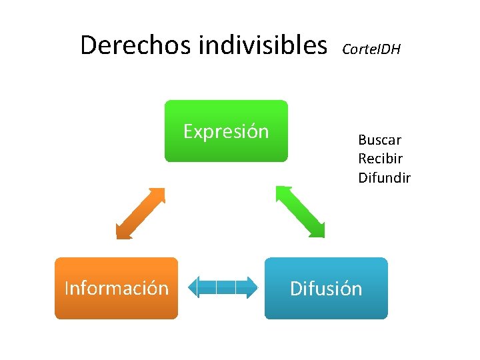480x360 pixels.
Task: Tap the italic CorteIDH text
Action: [x=371, y=49]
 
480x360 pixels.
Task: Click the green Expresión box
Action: [x=226, y=131]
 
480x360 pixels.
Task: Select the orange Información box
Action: [x=116, y=288]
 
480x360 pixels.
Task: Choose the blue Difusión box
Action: [x=326, y=288]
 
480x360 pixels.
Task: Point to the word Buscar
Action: [x=379, y=140]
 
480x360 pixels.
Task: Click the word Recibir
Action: [x=380, y=159]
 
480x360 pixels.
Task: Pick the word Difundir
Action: [x=384, y=177]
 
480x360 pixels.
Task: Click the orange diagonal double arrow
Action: [x=140, y=213]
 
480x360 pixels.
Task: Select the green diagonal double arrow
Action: [x=300, y=211]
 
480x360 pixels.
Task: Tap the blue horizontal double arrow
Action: [x=223, y=287]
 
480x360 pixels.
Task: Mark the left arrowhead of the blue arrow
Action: [x=194, y=287]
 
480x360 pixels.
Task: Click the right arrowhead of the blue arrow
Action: [x=251, y=287]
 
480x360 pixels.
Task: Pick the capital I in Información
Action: [x=67, y=288]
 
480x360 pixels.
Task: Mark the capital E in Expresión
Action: [x=188, y=131]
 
